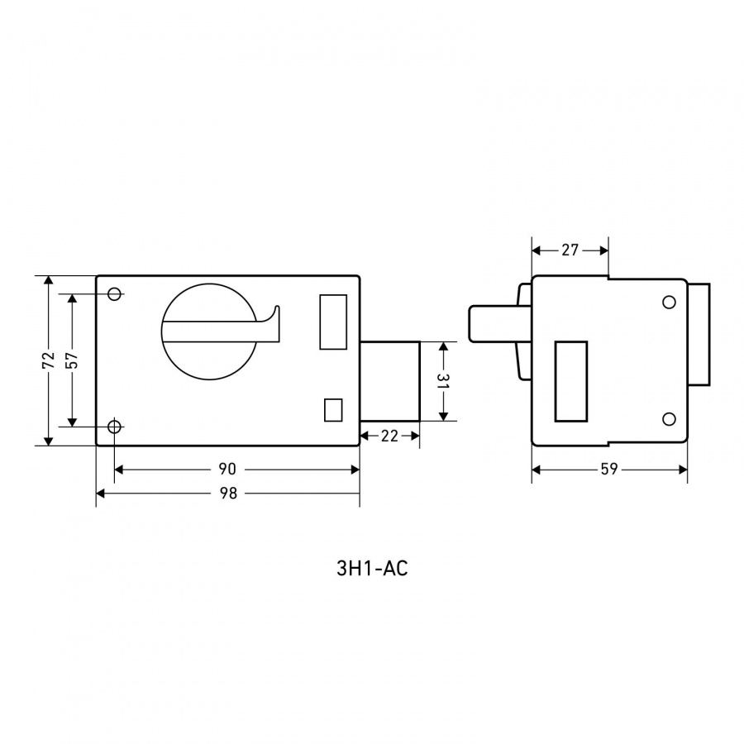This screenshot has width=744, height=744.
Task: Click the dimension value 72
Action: pyautogui.click(x=49, y=360)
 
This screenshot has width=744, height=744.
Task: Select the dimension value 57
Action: pyautogui.click(x=72, y=360)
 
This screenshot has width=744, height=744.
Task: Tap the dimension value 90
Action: pyautogui.click(x=227, y=469)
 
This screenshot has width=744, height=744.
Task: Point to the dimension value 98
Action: pyautogui.click(x=228, y=494)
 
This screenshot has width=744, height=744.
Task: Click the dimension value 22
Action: pyautogui.click(x=389, y=436)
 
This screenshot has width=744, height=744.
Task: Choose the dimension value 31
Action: pyautogui.click(x=443, y=381)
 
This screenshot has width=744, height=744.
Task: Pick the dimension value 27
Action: pyautogui.click(x=570, y=250)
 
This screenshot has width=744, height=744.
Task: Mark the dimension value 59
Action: pyautogui.click(x=609, y=469)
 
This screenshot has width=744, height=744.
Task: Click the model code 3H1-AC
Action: pyautogui.click(x=372, y=569)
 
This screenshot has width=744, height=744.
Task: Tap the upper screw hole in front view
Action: pyautogui.click(x=114, y=293)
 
